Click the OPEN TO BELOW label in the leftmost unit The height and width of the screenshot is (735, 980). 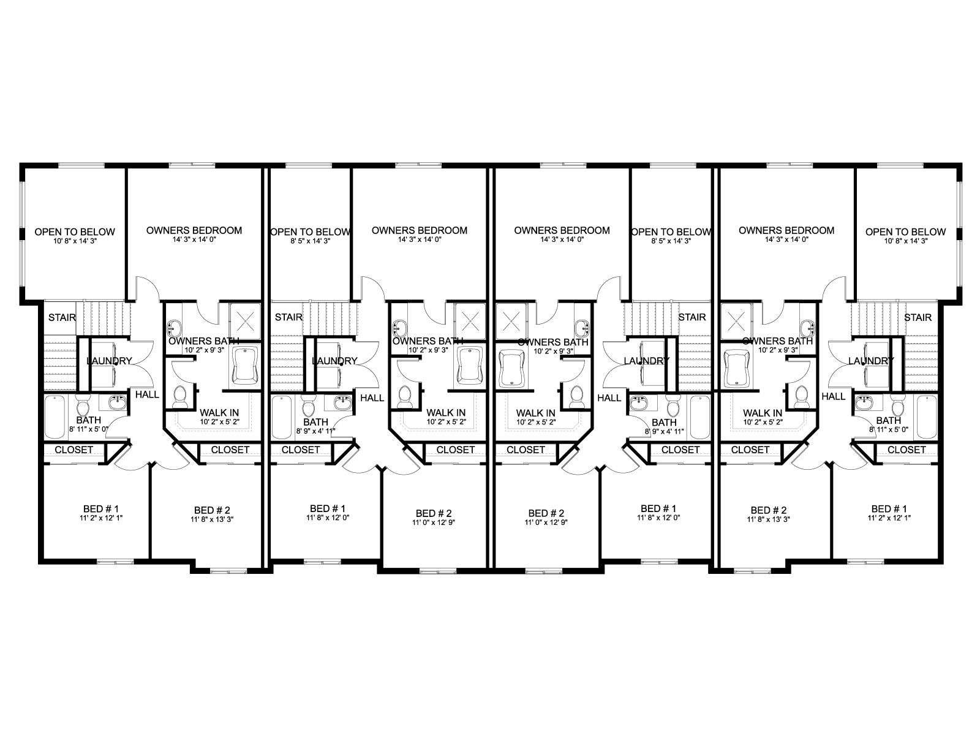click(x=75, y=232)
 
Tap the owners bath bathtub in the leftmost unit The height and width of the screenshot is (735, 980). click(x=245, y=366)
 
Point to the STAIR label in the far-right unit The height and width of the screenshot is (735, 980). click(x=918, y=317)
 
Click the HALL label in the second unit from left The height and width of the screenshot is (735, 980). click(x=372, y=398)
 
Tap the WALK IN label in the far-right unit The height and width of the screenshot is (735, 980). click(x=763, y=413)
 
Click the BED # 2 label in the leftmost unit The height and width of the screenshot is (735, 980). click(x=212, y=510)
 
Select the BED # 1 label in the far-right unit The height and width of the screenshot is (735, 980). click(x=889, y=509)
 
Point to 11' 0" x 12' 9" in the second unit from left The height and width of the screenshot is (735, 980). click(x=434, y=522)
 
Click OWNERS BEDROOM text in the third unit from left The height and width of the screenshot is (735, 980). click(x=562, y=230)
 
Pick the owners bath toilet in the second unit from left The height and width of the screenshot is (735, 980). click(x=405, y=397)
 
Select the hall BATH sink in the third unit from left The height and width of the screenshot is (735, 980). click(x=639, y=403)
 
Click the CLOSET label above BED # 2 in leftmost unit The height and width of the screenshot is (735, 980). click(x=230, y=450)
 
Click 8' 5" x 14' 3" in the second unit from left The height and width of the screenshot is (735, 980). click(x=309, y=241)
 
